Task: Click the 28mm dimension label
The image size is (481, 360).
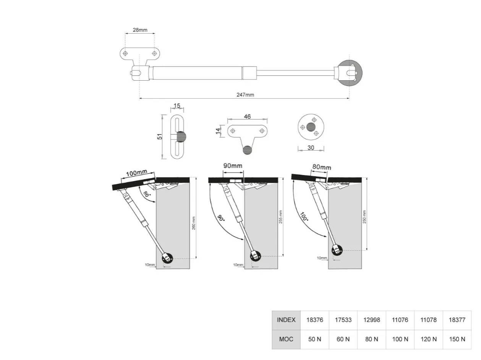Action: (140, 30)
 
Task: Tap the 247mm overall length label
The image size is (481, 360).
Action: (245, 95)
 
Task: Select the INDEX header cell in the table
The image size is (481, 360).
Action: (286, 320)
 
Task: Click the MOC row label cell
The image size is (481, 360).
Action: (286, 339)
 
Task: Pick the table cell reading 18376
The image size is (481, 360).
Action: (315, 320)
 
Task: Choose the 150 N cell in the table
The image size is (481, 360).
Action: (457, 339)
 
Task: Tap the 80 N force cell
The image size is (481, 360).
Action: (372, 339)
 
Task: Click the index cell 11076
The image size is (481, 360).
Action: (400, 320)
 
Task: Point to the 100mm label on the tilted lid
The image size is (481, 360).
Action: (136, 173)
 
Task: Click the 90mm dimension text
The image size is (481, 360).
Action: (233, 165)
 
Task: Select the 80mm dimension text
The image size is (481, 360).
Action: (322, 167)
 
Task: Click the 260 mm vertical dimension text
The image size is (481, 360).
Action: (194, 223)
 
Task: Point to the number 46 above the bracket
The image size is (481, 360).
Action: (247, 117)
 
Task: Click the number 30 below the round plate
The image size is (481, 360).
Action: (311, 148)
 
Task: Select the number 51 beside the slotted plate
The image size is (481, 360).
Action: (160, 136)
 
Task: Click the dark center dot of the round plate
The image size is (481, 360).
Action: (311, 127)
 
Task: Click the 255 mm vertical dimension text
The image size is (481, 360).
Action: (281, 217)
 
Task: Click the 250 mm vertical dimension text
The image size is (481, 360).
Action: (364, 217)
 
